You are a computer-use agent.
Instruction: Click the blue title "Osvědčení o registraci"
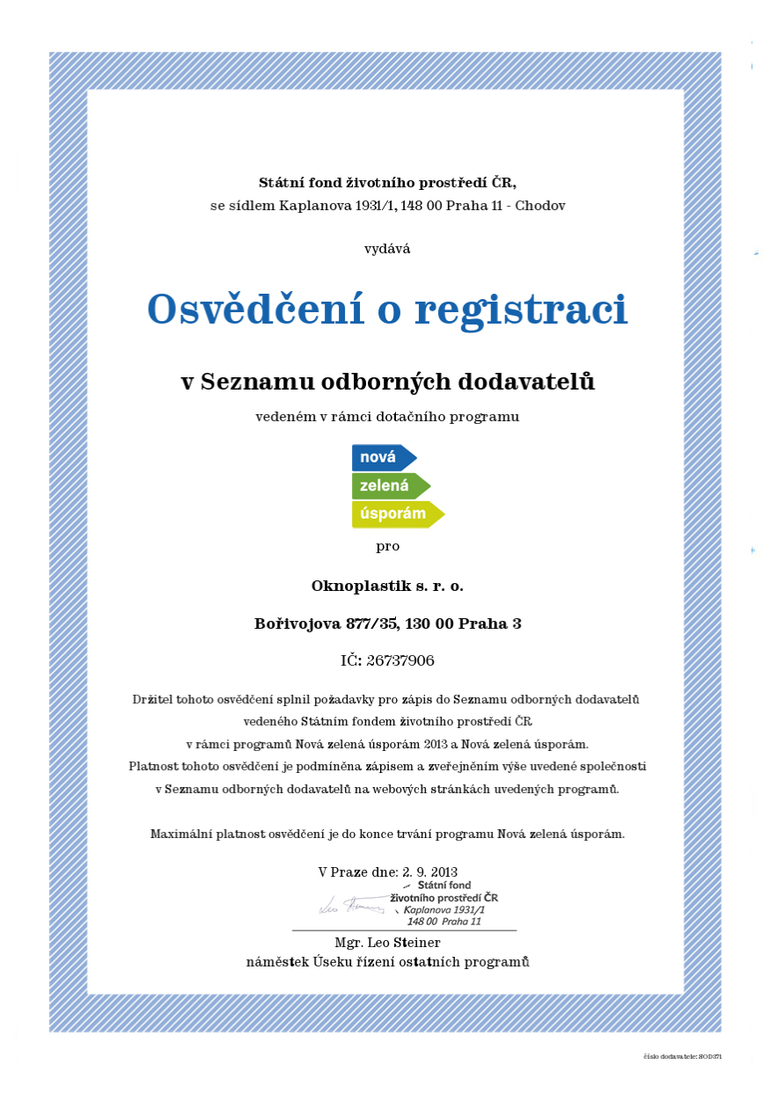coord(387,310)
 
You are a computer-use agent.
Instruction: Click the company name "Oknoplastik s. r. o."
coord(387,585)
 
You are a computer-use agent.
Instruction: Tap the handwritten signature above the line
coord(350,905)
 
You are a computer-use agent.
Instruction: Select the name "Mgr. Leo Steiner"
coord(387,943)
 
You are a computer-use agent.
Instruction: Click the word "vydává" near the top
coord(387,249)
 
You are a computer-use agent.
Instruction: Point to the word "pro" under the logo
coord(387,546)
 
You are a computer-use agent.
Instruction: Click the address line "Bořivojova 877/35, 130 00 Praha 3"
coord(387,623)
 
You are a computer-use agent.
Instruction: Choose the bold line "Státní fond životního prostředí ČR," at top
coord(387,183)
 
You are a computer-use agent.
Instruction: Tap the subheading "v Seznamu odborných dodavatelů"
coord(387,382)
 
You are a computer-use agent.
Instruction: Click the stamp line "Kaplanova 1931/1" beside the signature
coord(444,910)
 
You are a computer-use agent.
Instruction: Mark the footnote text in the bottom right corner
coord(682,1056)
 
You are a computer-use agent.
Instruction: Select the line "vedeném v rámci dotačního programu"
coord(387,417)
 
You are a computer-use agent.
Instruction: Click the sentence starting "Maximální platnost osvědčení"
coord(387,834)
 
